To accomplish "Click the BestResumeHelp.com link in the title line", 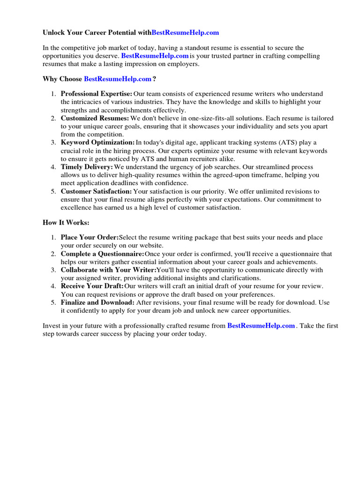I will (x=185, y=33).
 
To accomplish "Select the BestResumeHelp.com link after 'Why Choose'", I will (x=117, y=79).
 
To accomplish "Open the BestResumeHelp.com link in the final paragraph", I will (x=261, y=325).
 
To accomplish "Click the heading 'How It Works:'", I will (x=66, y=223).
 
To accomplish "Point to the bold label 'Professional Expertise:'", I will (x=97, y=94).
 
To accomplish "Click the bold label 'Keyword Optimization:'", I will (x=97, y=142).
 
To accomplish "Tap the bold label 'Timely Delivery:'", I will (x=87, y=167).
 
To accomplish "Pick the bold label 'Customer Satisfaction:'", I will (x=97, y=191).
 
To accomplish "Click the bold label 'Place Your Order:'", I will (x=90, y=238).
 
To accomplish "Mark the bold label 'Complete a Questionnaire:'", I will (x=102, y=254).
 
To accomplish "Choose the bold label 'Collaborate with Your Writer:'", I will (x=108, y=270).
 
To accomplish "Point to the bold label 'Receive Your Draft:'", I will (x=92, y=286).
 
